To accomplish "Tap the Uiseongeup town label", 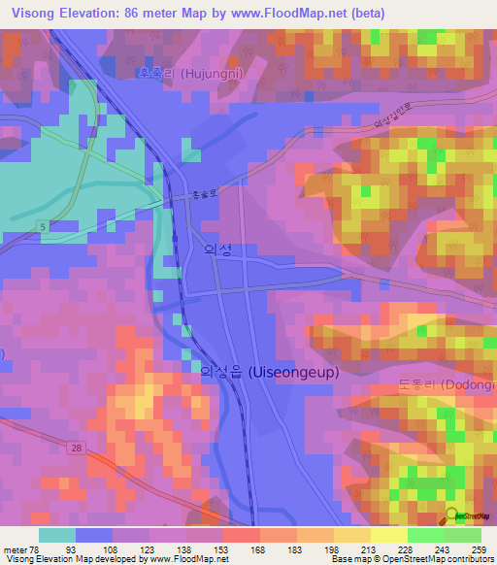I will click(263, 371).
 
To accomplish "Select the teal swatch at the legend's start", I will click(57, 535).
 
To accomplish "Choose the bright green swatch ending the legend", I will click(462, 535).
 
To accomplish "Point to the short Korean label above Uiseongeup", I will click(218, 249).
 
